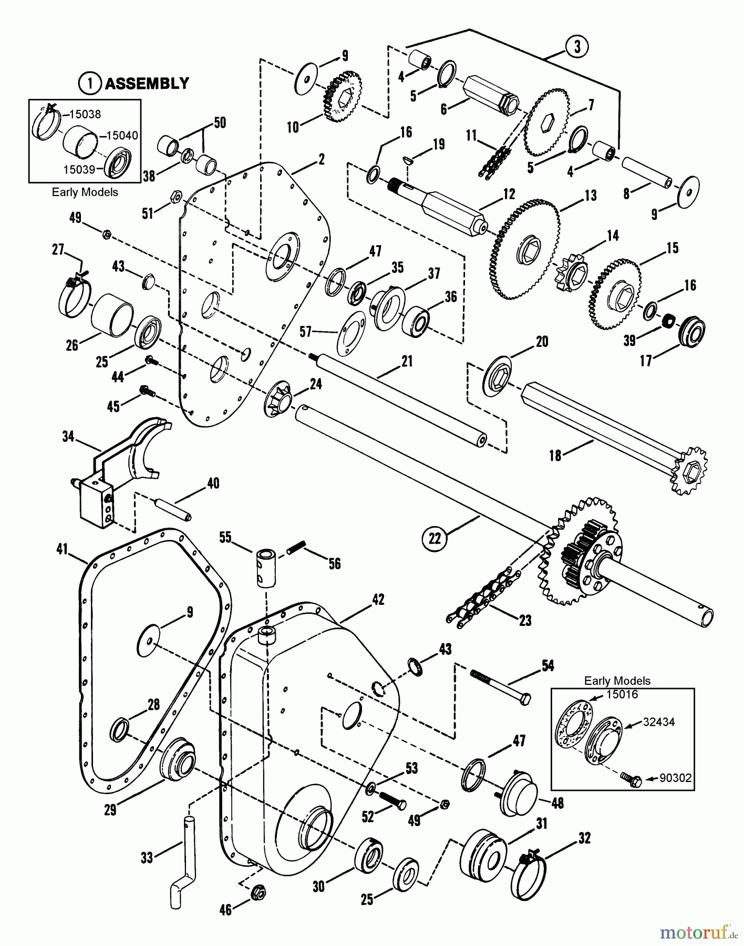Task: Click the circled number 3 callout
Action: tap(577, 47)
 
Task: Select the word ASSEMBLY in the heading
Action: tap(147, 83)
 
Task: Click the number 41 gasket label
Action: tap(63, 549)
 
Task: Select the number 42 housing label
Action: tap(378, 600)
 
